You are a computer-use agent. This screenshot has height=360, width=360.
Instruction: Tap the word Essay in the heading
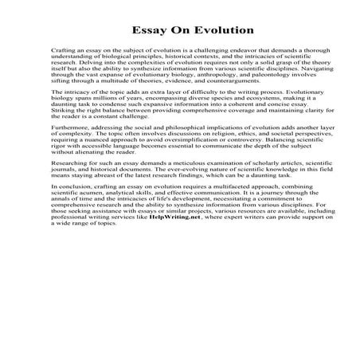pos(143,30)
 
